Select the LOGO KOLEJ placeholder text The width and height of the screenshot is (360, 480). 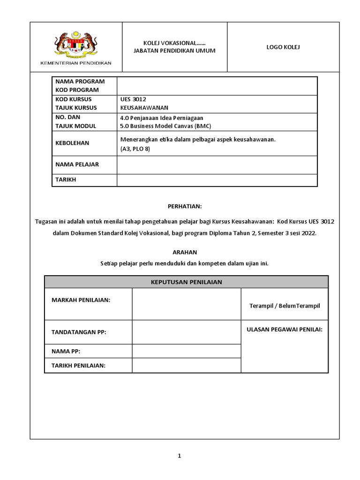pyautogui.click(x=283, y=47)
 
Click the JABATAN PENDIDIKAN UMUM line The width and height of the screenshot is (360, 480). pyautogui.click(x=174, y=51)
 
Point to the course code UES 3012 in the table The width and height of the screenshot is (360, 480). pyautogui.click(x=134, y=99)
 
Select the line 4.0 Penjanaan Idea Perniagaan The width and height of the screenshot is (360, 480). pyautogui.click(x=162, y=118)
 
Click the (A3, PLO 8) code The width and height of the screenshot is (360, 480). pyautogui.click(x=135, y=149)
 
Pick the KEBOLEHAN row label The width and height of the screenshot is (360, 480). pyautogui.click(x=72, y=143)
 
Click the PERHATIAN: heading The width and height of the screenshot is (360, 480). pyautogui.click(x=185, y=206)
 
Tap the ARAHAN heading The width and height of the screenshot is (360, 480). pyautogui.click(x=185, y=252)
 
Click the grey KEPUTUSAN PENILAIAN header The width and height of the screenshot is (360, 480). pyautogui.click(x=186, y=282)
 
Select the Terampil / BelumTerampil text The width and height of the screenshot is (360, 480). pyautogui.click(x=285, y=306)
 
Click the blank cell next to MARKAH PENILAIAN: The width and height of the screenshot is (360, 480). pyautogui.click(x=186, y=304)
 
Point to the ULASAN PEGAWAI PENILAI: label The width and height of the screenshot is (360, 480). pyautogui.click(x=285, y=330)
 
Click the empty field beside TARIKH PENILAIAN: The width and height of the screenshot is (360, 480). pyautogui.click(x=186, y=366)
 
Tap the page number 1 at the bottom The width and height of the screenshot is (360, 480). pyautogui.click(x=179, y=456)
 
